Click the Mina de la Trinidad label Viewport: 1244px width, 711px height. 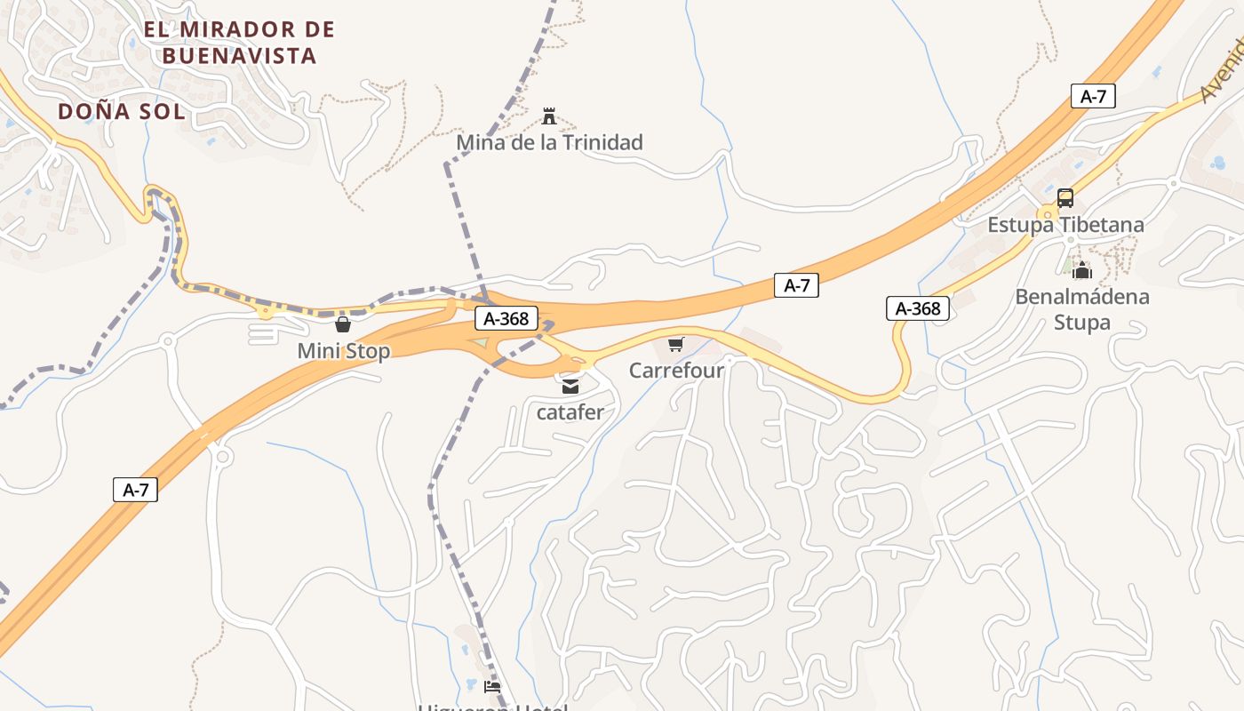tap(549, 142)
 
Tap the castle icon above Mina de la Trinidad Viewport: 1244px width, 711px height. tap(549, 116)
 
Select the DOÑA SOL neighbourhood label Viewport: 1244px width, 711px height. tap(122, 111)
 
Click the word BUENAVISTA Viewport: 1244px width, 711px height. tap(239, 56)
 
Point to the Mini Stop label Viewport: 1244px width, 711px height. tap(343, 351)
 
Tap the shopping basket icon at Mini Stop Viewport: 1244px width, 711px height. tap(343, 324)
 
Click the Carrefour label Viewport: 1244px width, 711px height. tap(676, 370)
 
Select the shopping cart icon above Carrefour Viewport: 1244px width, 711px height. tap(676, 344)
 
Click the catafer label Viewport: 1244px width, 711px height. tap(570, 412)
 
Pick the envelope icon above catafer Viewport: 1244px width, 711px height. tap(570, 387)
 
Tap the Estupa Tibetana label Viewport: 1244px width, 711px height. tap(1065, 225)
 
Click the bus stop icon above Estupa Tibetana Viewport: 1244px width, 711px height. tap(1065, 198)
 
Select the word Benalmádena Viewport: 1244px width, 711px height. tap(1081, 297)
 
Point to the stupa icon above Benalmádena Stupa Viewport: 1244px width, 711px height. tap(1081, 270)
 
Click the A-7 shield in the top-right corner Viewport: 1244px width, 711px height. tap(1093, 96)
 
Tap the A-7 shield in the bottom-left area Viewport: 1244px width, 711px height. tap(135, 490)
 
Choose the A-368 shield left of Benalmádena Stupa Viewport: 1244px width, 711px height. tap(918, 308)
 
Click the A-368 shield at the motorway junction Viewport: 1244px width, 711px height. tap(506, 319)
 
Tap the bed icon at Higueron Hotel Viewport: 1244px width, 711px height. tap(491, 687)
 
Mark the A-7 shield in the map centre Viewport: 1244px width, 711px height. tap(796, 285)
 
